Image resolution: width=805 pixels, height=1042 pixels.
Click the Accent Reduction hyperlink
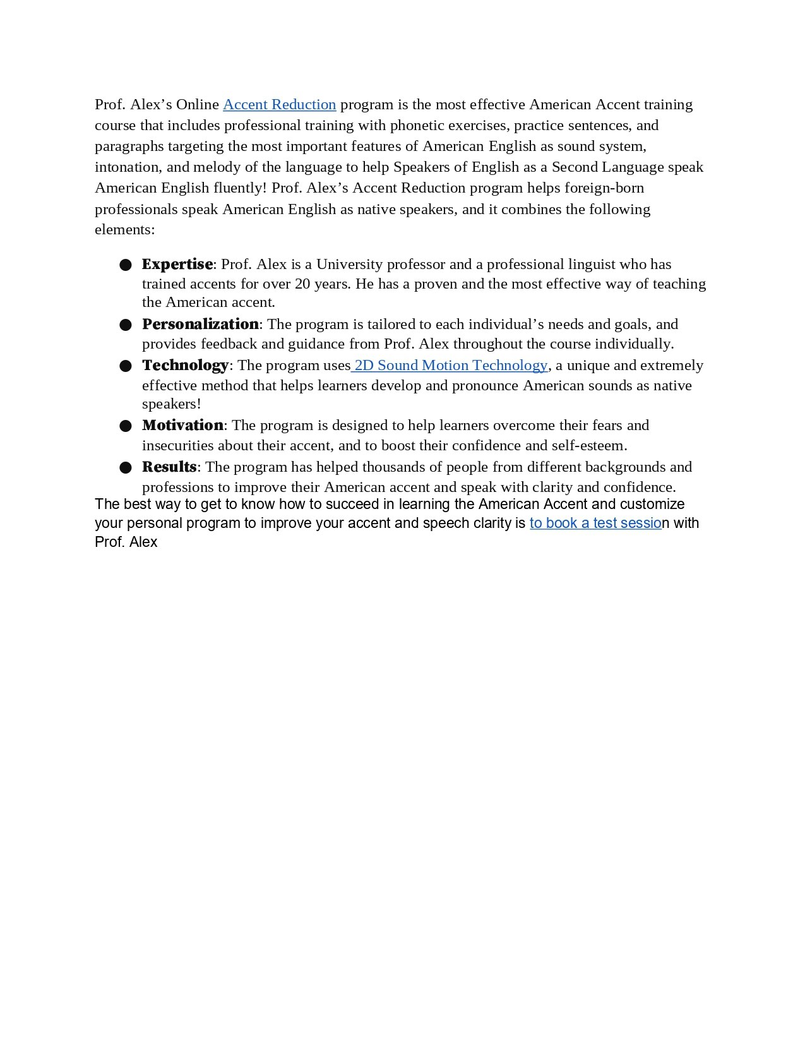[x=279, y=105]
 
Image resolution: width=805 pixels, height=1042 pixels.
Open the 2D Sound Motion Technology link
[x=451, y=366]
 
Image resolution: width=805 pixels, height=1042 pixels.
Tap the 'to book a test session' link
[x=595, y=524]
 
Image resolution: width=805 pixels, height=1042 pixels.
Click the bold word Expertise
[x=177, y=265]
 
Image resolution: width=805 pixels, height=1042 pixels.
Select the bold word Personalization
[x=200, y=325]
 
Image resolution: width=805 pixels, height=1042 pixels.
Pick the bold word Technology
[x=185, y=366]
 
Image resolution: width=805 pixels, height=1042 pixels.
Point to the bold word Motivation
[x=182, y=426]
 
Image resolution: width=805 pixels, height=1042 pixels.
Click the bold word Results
[x=169, y=467]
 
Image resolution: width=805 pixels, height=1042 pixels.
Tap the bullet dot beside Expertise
[x=125, y=265]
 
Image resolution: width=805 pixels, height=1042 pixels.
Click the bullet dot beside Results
[x=125, y=468]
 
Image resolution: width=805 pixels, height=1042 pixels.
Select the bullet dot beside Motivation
[x=125, y=426]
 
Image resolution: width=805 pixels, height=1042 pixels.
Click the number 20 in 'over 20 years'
[x=302, y=284]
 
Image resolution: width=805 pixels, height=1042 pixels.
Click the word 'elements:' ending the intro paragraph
[x=124, y=230]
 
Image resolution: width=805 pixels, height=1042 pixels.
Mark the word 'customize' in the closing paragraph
[x=652, y=505]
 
